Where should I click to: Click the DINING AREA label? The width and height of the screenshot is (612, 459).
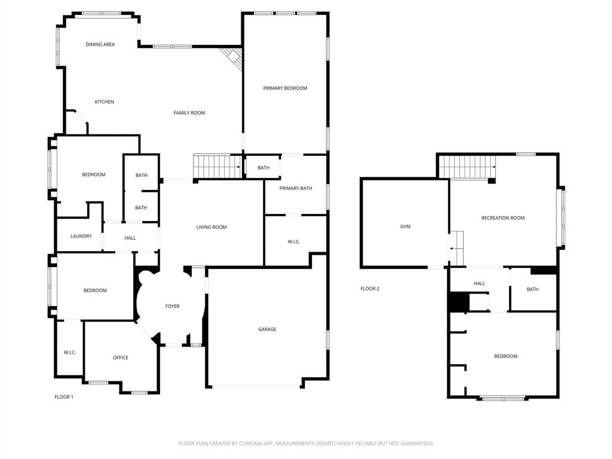click(x=100, y=44)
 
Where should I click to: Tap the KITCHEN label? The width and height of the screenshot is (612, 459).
click(x=104, y=102)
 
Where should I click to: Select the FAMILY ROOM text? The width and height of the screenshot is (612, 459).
click(x=189, y=113)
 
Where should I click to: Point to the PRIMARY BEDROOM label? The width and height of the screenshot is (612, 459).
click(x=285, y=88)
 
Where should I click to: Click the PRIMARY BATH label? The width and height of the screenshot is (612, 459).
click(x=296, y=188)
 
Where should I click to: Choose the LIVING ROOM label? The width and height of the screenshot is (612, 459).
click(x=212, y=227)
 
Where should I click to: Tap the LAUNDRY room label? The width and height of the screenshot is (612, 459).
click(x=81, y=236)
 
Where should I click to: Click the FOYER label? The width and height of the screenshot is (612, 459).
click(x=172, y=307)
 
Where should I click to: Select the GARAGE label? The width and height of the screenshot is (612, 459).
click(x=267, y=329)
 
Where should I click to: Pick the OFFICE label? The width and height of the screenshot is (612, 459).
click(x=121, y=357)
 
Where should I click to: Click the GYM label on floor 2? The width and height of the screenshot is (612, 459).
click(x=405, y=227)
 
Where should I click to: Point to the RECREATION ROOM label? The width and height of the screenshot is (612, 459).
click(x=503, y=218)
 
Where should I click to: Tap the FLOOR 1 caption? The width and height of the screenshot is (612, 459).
click(x=64, y=397)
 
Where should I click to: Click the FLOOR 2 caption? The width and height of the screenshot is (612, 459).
click(x=369, y=289)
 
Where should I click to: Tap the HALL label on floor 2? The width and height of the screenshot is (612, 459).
click(x=479, y=283)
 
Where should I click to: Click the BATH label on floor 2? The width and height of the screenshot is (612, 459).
click(x=533, y=289)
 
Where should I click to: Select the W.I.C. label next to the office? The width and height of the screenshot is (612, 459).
click(x=69, y=353)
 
